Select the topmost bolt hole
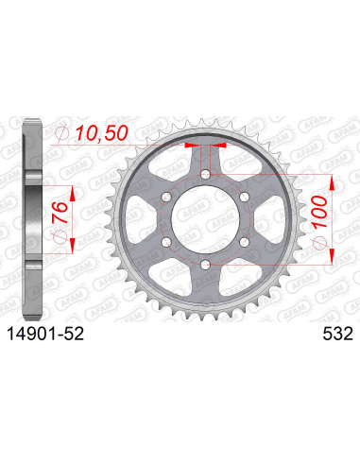pos(205,172)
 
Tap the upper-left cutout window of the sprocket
pos(172,160)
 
